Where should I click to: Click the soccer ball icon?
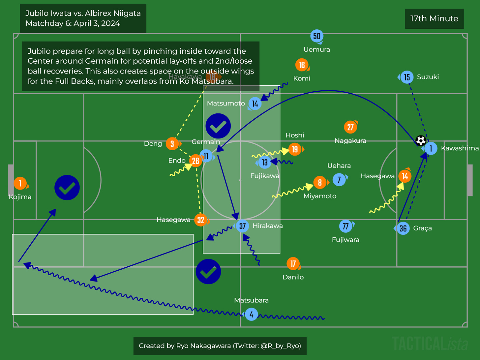[x=420, y=141]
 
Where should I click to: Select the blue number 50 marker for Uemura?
[x=316, y=36]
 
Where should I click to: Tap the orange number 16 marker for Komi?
[x=302, y=65]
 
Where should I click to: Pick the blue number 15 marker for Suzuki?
[x=407, y=77]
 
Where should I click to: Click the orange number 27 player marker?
[x=350, y=127]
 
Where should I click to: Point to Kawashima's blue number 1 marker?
[x=431, y=149]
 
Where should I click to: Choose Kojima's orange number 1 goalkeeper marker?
[x=20, y=183]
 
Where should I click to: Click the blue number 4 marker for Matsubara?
[x=251, y=315]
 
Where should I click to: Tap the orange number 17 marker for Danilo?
[x=293, y=263]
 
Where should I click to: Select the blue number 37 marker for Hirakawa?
[x=242, y=226]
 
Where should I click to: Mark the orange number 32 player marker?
[x=200, y=220]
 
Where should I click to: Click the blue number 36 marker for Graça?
[x=403, y=228]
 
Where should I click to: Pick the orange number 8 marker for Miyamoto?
[x=319, y=182]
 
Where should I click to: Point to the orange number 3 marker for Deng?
[x=172, y=144]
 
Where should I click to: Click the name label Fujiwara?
[x=345, y=240]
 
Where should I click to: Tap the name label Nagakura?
[x=350, y=141]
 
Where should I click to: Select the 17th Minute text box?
[x=434, y=19]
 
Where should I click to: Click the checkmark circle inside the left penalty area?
[x=67, y=188]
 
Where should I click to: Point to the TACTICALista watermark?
[x=430, y=344]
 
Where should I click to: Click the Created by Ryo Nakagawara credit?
[x=220, y=346]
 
